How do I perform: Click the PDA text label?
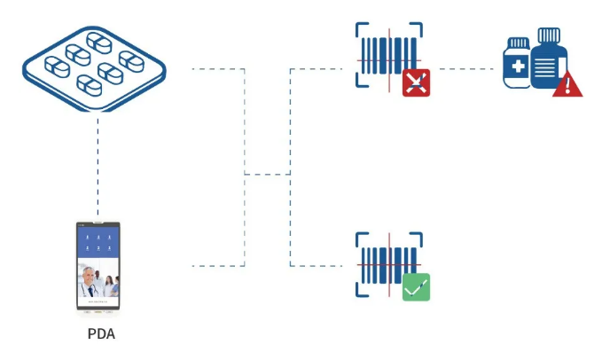(101, 334)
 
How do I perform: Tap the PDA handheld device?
(98, 266)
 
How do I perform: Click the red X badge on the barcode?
(416, 82)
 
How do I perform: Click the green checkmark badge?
(416, 287)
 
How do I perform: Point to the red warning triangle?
(567, 84)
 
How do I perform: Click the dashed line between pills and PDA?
(98, 168)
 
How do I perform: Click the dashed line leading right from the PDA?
(217, 265)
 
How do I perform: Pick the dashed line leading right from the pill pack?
(217, 68)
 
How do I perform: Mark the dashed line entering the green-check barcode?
(319, 265)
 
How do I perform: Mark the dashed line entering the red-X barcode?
(319, 68)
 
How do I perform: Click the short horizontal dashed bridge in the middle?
(267, 174)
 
